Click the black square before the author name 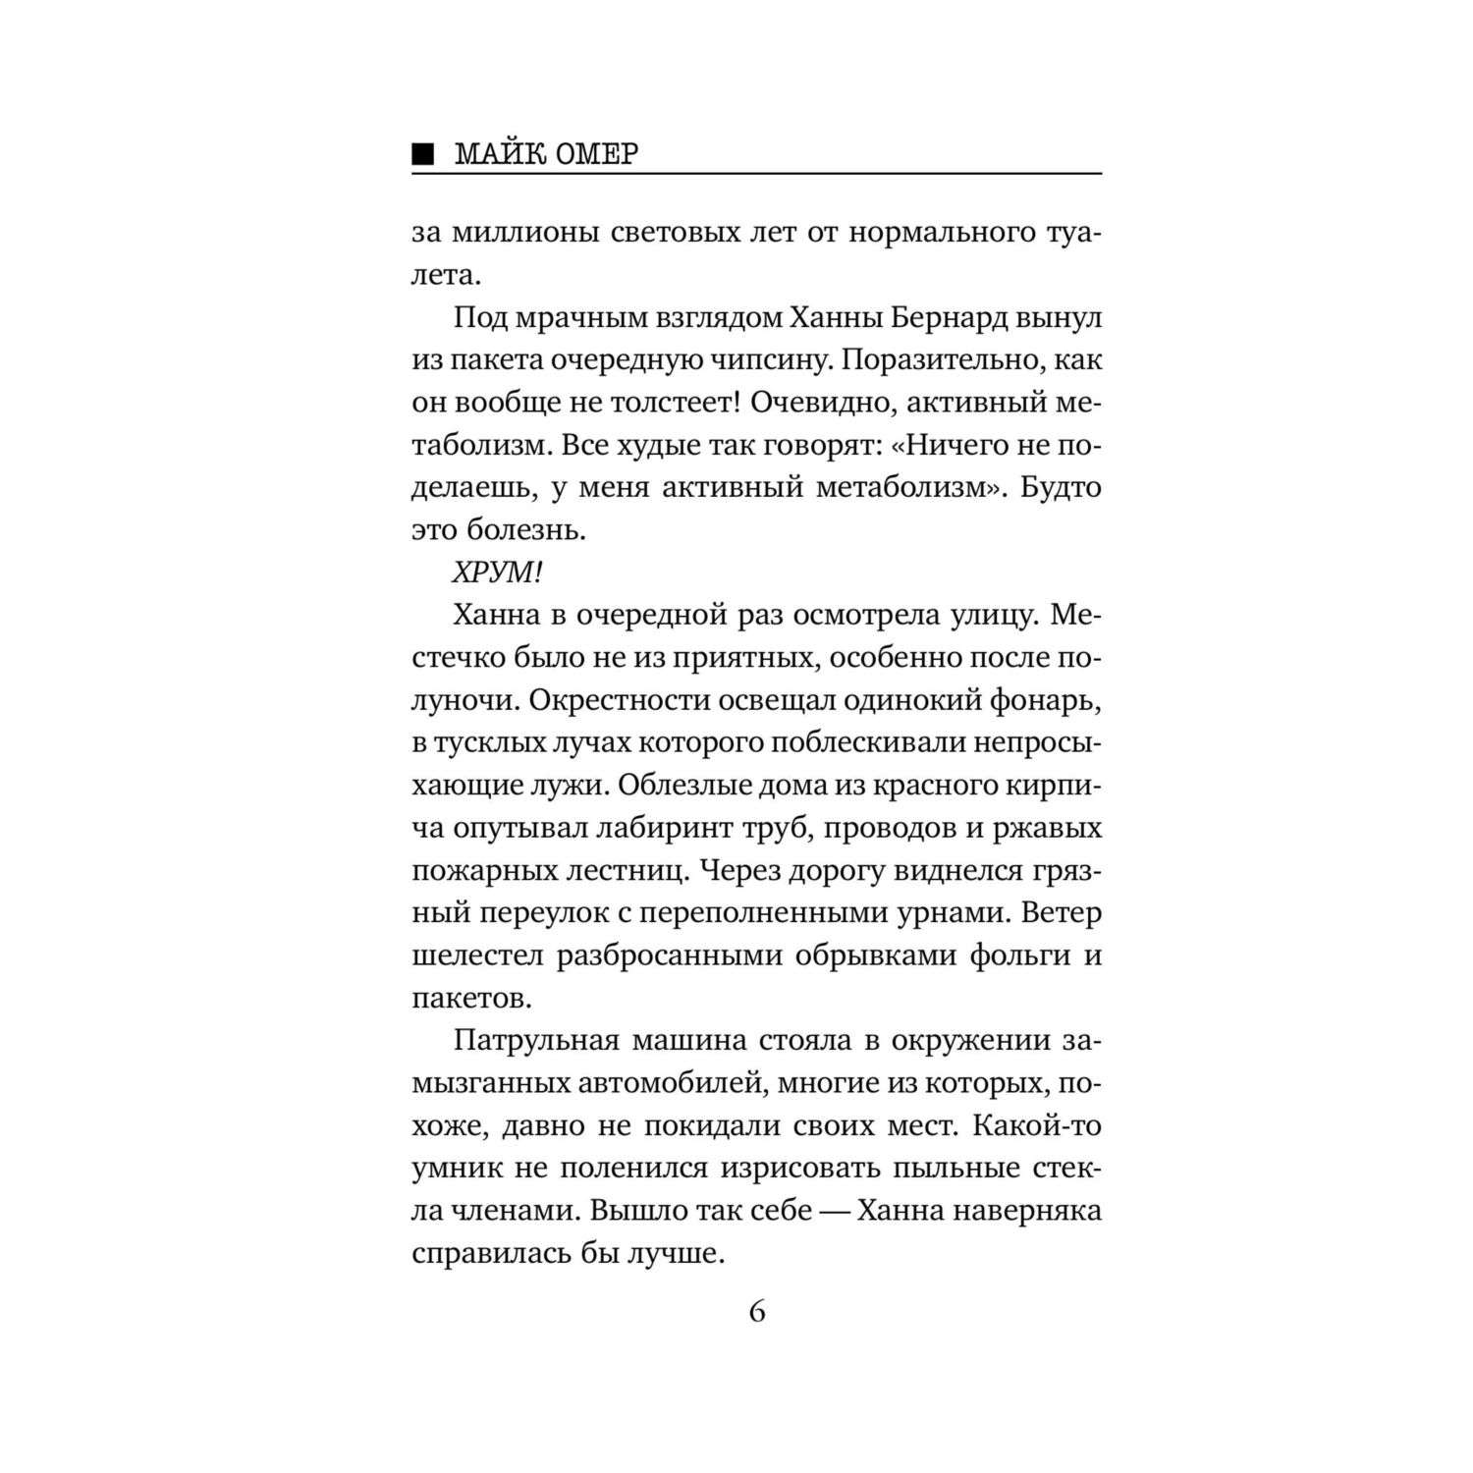click(x=421, y=153)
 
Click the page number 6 click(x=756, y=1312)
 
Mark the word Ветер click(x=1062, y=912)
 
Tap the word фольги click(x=1016, y=955)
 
